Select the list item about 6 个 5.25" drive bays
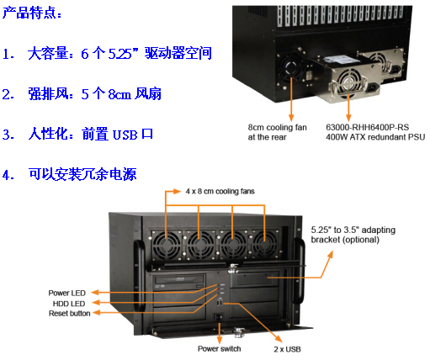(118, 54)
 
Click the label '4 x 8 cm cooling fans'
(220, 192)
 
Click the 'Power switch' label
(220, 347)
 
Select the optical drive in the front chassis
(182, 283)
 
